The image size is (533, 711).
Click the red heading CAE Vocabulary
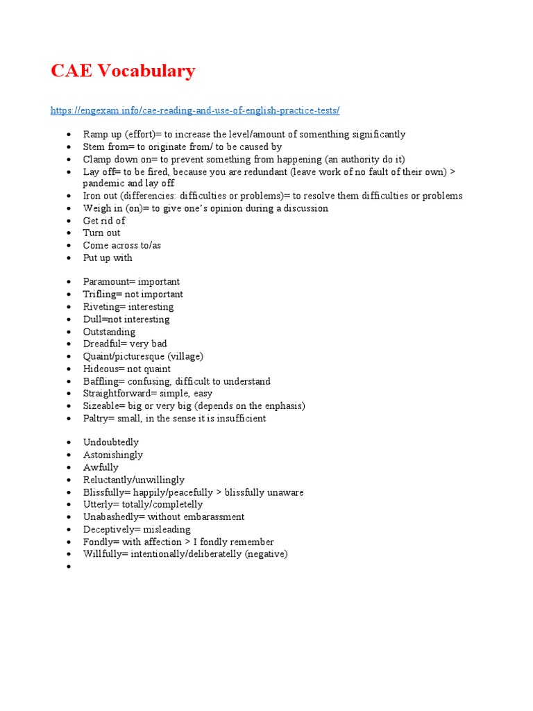123,71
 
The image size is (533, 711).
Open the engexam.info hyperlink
195,110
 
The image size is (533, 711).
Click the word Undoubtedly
111,442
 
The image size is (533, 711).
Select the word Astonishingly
113,455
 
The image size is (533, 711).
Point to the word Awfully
101,467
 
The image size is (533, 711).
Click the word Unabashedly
111,517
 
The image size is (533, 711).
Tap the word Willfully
103,554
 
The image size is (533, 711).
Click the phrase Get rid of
104,221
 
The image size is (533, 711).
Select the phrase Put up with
108,258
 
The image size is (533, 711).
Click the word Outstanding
109,332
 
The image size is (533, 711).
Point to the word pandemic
104,183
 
